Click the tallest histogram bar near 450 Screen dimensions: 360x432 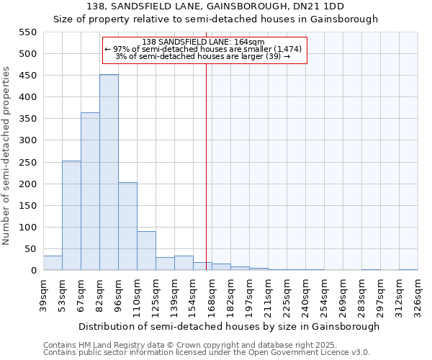coord(109,173)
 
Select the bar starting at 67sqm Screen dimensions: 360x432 coord(90,192)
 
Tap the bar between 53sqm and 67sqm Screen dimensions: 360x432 coord(71,216)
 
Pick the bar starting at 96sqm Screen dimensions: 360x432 coord(127,227)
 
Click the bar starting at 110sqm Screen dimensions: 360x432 coord(146,251)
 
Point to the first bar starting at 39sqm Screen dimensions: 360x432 coord(53,264)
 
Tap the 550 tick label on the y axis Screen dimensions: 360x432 coord(27,32)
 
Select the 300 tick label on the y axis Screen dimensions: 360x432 coord(27,140)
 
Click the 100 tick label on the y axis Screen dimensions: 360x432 coord(27,228)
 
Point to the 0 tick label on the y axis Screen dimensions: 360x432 coord(33,271)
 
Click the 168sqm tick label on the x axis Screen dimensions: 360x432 coord(212,294)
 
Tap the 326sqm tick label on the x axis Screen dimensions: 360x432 coord(418,294)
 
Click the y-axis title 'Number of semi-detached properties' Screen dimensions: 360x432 coord(7,156)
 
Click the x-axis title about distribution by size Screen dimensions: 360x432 coord(228,326)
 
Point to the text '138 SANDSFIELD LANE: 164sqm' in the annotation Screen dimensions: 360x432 coord(204,42)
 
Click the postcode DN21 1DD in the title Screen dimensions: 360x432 coord(320,6)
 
